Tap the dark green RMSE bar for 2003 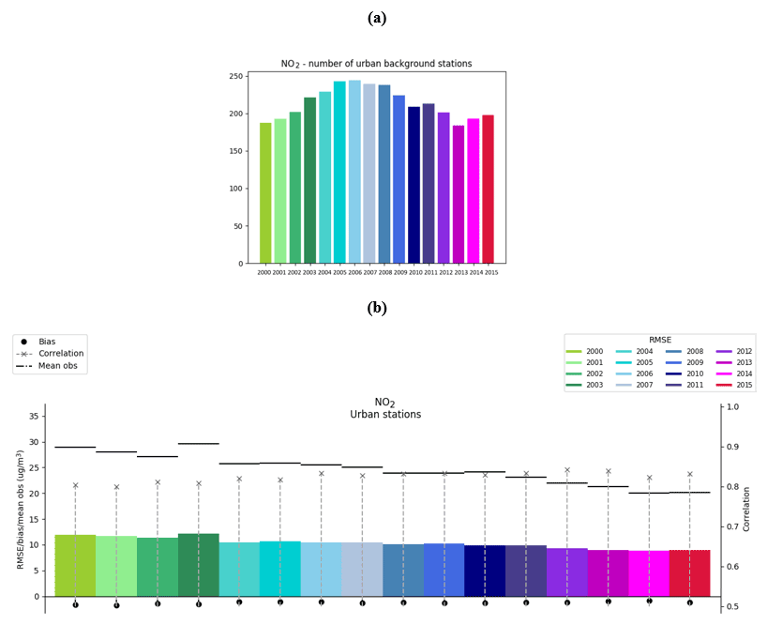coord(198,564)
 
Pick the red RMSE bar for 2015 coord(689,572)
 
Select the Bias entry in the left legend coord(44,341)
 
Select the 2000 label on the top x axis coord(264,272)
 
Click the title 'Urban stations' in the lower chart coord(384,414)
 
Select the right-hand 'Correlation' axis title coord(746,507)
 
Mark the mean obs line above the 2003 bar coord(198,443)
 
